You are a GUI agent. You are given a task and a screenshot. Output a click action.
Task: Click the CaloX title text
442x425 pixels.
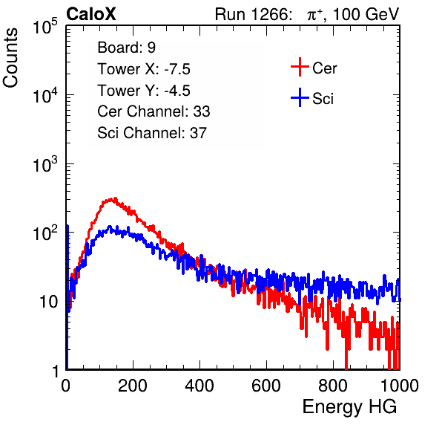91,14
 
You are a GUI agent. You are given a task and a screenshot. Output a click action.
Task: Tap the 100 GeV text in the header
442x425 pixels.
366,14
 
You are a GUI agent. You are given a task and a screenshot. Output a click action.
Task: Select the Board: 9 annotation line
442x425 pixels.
127,48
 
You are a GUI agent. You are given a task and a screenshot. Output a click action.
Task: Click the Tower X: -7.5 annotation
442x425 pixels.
144,69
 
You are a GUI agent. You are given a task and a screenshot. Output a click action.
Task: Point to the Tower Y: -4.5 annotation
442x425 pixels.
144,91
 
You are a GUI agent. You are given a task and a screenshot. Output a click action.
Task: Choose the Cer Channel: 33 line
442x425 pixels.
154,111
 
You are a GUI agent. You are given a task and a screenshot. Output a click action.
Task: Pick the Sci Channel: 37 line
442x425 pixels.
152,133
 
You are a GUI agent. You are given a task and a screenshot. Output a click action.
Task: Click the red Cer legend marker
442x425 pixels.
300,67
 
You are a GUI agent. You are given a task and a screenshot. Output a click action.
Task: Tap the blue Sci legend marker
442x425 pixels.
300,97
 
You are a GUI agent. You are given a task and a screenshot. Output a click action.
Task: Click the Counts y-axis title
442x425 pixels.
10,58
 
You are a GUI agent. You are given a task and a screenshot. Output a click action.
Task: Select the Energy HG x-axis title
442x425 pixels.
349,407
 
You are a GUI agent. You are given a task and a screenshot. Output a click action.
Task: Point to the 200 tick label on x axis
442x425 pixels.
133,386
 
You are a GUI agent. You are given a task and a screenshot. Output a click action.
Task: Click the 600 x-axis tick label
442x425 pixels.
266,386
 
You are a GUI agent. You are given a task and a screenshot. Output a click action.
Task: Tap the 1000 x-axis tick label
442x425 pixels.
400,386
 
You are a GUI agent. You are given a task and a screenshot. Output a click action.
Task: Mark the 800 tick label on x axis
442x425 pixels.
333,386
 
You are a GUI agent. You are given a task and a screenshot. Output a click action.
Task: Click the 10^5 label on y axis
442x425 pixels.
45,26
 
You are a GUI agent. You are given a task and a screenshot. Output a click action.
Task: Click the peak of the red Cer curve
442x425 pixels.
114,198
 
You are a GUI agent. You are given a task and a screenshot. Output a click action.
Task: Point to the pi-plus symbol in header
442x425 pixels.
314,14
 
